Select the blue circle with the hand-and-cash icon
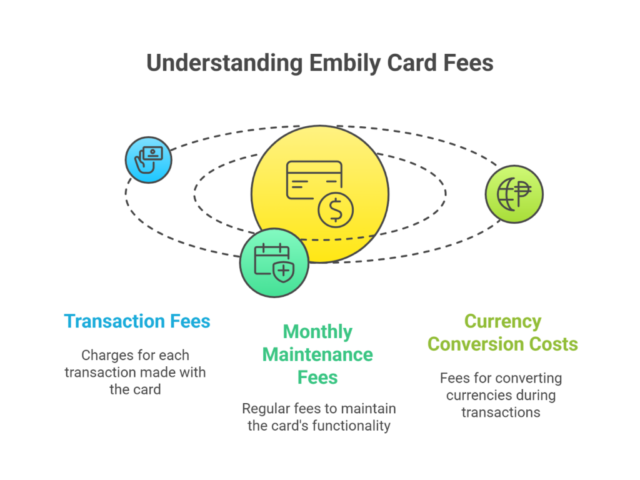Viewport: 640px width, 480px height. tap(148, 160)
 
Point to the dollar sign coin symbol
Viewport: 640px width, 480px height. tap(336, 210)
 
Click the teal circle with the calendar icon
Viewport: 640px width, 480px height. tap(274, 262)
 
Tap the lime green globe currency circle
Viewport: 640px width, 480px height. tap(514, 194)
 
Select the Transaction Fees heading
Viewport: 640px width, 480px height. tap(137, 321)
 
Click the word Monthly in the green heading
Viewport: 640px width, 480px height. tap(317, 332)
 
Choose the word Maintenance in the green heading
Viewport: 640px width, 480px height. tap(317, 355)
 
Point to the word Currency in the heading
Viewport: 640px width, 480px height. tap(502, 321)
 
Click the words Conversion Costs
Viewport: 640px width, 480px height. tap(502, 344)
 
